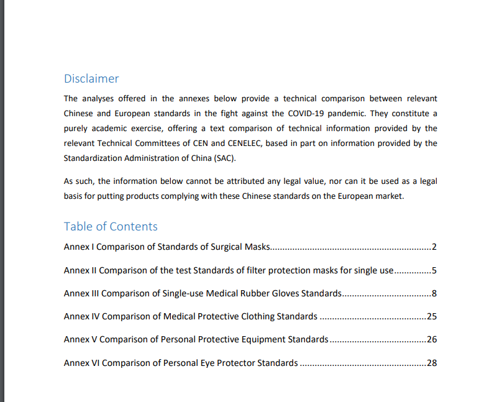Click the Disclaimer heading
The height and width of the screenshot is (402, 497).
click(x=91, y=79)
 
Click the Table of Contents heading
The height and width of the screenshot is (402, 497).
click(x=111, y=227)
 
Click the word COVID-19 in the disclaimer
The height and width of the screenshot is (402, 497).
click(x=307, y=114)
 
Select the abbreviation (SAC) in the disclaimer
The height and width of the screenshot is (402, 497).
click(x=225, y=158)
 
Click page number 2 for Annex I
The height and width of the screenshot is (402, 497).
click(x=434, y=247)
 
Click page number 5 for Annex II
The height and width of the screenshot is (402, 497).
click(x=434, y=270)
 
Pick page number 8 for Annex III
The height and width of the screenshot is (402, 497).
click(x=434, y=293)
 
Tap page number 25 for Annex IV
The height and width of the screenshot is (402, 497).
click(x=432, y=316)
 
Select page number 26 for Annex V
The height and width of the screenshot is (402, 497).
click(x=432, y=340)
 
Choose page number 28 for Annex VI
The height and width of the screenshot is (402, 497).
click(x=432, y=363)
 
